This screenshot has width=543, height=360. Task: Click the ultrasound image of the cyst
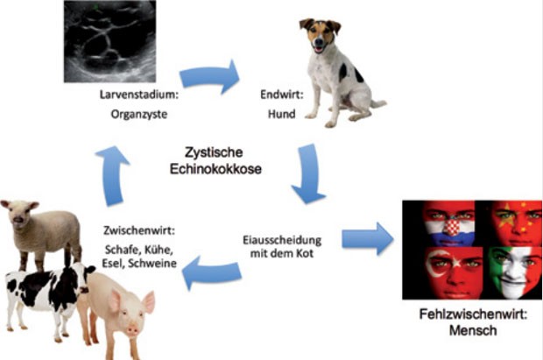click(x=109, y=41)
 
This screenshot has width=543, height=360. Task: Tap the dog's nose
click(x=318, y=43)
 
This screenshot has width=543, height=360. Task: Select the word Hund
click(x=281, y=114)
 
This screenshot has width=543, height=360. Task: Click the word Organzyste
click(x=139, y=115)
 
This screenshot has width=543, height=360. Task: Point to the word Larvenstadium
click(x=138, y=95)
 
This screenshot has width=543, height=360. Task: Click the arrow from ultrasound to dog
click(x=210, y=77)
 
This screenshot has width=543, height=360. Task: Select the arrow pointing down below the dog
click(x=308, y=174)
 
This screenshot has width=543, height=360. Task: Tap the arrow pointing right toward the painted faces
click(x=368, y=239)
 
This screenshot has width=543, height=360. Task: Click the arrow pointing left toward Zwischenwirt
click(x=212, y=273)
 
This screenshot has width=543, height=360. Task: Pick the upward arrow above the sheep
click(x=113, y=176)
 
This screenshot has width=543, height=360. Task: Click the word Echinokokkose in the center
click(x=215, y=169)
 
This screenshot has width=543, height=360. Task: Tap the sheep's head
click(x=19, y=213)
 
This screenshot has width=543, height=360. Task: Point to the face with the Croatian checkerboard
click(x=449, y=223)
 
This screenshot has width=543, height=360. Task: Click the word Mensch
click(x=473, y=330)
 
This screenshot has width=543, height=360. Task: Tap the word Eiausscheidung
click(x=282, y=240)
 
